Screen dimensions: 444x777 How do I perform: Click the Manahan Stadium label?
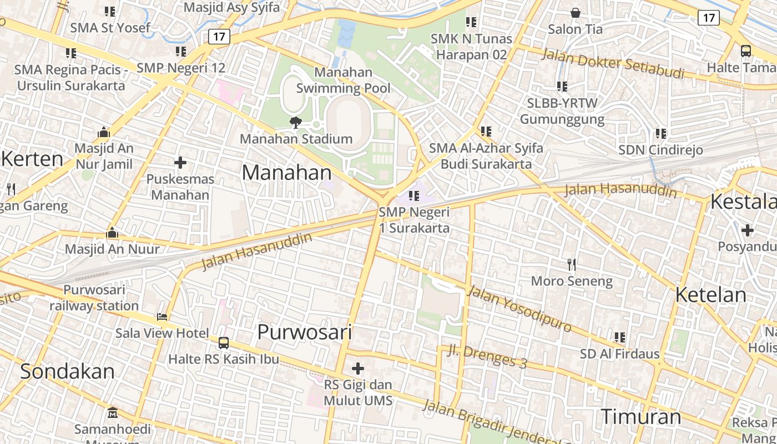[296, 139]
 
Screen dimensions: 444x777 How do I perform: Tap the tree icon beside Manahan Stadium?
[296, 122]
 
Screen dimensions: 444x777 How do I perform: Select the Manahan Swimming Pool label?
[344, 80]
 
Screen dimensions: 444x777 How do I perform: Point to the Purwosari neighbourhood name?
[305, 332]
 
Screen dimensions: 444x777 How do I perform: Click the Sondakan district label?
[67, 371]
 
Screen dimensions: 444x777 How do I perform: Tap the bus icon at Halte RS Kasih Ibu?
[224, 343]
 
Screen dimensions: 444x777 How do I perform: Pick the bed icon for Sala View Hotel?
[162, 316]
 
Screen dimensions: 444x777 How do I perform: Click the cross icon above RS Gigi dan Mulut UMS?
[358, 368]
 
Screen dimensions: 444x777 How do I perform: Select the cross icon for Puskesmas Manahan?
[180, 163]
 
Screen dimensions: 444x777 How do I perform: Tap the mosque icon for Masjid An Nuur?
[112, 233]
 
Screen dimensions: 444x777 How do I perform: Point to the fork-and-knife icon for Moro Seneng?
[572, 264]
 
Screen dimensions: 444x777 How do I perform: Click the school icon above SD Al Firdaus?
[620, 337]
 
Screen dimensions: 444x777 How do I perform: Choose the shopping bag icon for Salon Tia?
[576, 12]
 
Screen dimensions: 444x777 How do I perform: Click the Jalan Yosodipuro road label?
[519, 309]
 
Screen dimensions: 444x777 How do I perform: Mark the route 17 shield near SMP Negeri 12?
[219, 37]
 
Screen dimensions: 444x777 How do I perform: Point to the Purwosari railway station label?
[94, 297]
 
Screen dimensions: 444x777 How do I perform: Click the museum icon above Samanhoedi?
[113, 412]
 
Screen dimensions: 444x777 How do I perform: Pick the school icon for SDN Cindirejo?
[660, 133]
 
